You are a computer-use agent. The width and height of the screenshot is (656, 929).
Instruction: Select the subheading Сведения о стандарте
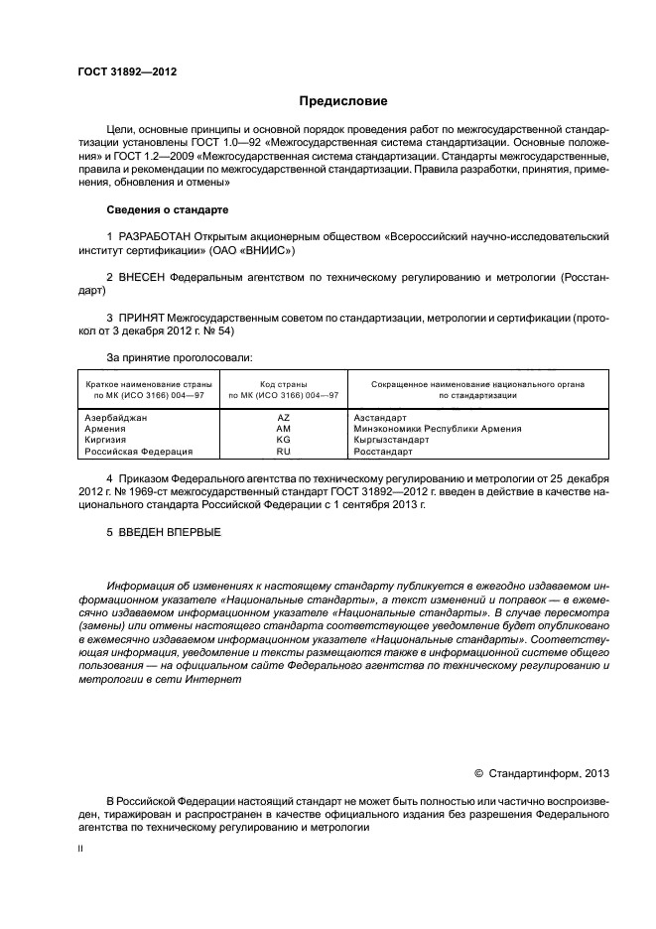coord(167,210)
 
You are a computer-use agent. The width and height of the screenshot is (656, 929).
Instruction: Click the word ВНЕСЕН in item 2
coord(146,279)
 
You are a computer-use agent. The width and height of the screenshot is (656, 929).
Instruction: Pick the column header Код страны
coord(283,383)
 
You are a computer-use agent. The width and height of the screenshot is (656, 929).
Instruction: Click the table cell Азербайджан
coord(116,418)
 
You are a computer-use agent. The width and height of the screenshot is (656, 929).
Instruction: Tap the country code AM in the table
coord(283,429)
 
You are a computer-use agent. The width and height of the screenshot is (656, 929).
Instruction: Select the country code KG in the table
coord(283,440)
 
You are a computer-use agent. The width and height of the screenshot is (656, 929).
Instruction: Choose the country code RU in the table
coord(283,451)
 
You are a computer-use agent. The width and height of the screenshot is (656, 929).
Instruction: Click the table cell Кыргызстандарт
coord(391,440)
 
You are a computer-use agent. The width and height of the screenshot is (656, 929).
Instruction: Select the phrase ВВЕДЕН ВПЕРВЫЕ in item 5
coord(170,532)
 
